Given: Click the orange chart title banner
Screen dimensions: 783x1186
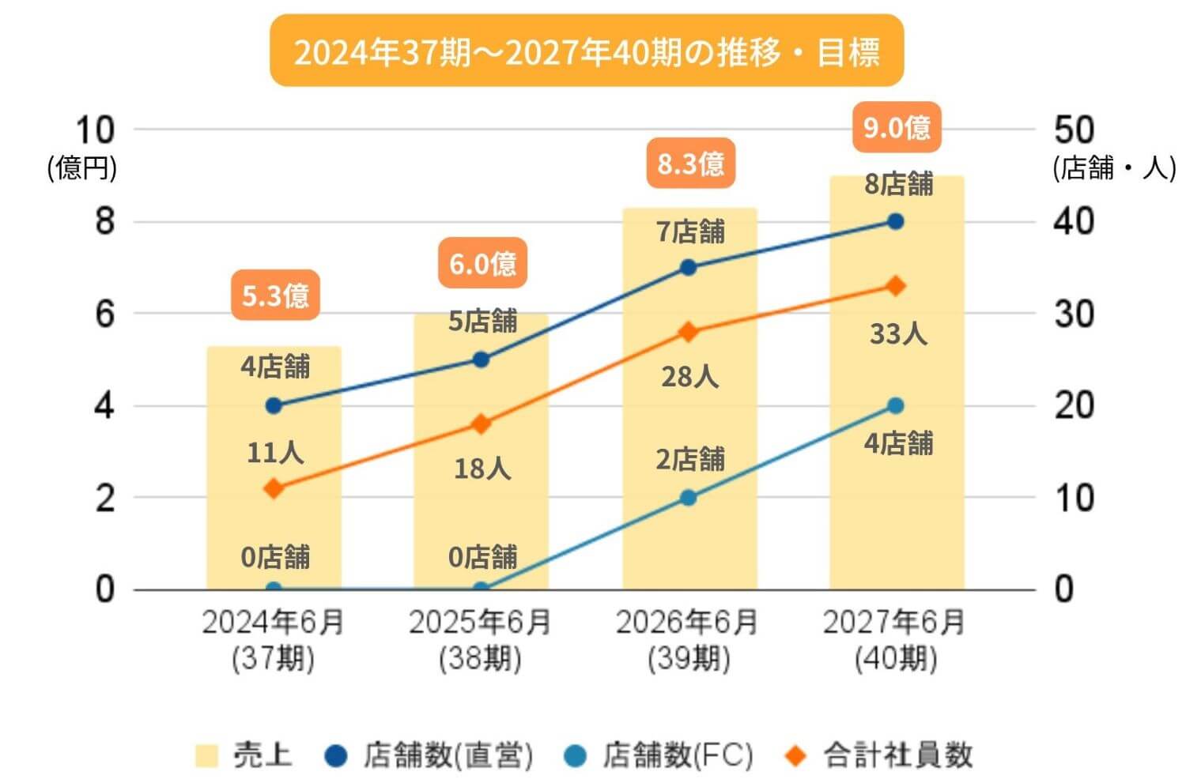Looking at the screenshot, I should tap(587, 51).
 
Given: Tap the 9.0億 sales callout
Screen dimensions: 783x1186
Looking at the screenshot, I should tap(896, 127).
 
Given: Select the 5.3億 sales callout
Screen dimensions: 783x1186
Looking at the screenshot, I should tap(275, 296).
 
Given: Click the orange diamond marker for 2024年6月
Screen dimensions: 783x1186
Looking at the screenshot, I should tap(274, 488).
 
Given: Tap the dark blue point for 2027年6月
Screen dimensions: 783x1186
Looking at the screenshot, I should tap(895, 221).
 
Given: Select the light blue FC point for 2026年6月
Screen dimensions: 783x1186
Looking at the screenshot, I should tap(688, 498).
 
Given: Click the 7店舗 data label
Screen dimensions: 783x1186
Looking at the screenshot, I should tap(690, 232).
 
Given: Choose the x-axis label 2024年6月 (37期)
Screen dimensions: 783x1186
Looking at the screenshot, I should tap(274, 640).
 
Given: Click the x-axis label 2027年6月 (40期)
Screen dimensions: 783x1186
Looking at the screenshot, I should tap(895, 640).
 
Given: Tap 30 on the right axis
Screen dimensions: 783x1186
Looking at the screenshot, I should tap(1074, 314).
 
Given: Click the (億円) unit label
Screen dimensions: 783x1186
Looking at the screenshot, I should tap(81, 168).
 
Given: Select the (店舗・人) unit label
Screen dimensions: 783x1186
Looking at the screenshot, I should tap(1113, 168).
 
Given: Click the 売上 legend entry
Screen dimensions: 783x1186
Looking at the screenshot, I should tap(245, 755).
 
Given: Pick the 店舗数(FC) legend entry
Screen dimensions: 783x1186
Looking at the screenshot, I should tap(659, 755).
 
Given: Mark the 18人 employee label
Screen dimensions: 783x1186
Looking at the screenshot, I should tap(482, 469).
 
